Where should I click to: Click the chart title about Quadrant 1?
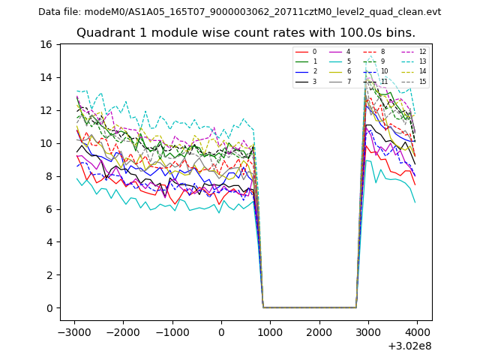pos(245,33)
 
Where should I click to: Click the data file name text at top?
pos(239,12)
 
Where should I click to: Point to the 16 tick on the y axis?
pos(46,44)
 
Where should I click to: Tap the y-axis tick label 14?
pos(46,77)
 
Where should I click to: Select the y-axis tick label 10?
pos(46,143)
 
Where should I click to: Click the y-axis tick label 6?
pos(49,209)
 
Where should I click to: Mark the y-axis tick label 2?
pos(49,275)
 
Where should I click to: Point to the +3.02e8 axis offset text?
pos(409,346)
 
